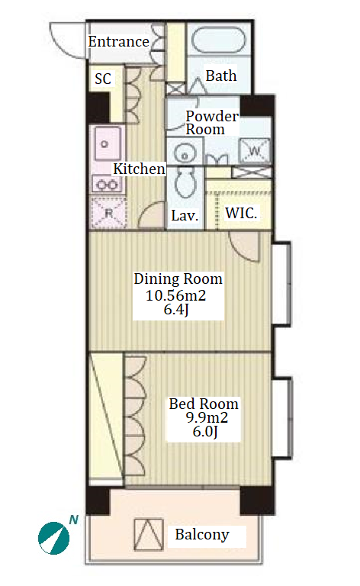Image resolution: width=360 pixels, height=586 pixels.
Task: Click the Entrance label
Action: (x=119, y=41)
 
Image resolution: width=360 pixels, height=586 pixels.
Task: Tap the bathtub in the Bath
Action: (x=219, y=40)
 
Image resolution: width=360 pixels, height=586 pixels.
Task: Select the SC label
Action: (x=103, y=79)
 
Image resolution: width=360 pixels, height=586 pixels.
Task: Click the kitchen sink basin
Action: (x=108, y=144)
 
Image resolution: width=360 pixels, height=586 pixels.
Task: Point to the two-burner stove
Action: (x=107, y=184)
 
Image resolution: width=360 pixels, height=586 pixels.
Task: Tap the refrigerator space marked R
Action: (x=108, y=213)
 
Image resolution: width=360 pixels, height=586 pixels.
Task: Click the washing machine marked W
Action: (x=254, y=150)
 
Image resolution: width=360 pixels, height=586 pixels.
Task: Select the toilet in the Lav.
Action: (x=185, y=182)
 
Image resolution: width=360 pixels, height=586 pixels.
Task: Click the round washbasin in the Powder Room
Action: (x=185, y=153)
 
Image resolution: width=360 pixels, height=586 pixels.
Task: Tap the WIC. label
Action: (x=241, y=214)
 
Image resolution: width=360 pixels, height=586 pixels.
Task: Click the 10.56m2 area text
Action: (x=175, y=295)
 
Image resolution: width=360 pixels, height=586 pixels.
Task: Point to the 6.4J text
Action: (x=176, y=310)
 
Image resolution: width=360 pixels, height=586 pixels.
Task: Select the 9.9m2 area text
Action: (x=207, y=417)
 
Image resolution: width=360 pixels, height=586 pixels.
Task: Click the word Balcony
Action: (x=202, y=534)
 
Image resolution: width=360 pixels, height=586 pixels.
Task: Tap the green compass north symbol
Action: (x=54, y=538)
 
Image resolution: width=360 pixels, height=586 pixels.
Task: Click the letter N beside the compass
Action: (x=74, y=520)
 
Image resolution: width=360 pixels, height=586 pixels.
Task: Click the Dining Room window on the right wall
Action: (x=282, y=285)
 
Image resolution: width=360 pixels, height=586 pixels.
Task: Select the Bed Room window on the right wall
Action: (x=282, y=418)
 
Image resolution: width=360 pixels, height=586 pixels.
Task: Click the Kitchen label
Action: (x=139, y=169)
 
